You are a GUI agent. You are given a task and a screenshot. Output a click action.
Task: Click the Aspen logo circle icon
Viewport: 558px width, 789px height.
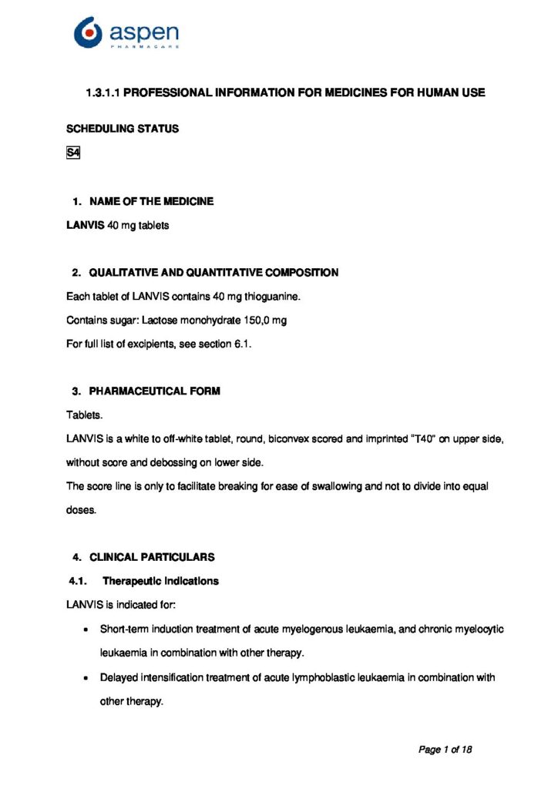point(88,33)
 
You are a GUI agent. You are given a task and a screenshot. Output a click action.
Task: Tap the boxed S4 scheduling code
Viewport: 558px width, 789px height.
point(73,153)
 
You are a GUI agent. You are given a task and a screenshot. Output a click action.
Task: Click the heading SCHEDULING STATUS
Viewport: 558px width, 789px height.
point(123,129)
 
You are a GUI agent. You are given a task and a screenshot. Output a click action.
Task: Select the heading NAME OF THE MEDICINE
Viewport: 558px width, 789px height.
point(151,201)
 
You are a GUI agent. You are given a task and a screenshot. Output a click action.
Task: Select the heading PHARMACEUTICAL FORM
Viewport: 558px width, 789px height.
point(154,391)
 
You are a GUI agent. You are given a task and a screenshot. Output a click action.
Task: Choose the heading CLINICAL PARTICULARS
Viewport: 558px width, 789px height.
point(152,557)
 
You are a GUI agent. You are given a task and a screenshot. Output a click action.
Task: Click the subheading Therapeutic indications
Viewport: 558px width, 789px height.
point(160,581)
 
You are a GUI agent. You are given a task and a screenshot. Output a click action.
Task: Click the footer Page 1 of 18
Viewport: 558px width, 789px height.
point(445,748)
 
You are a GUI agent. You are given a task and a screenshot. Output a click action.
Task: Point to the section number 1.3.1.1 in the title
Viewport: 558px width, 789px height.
point(103,93)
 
